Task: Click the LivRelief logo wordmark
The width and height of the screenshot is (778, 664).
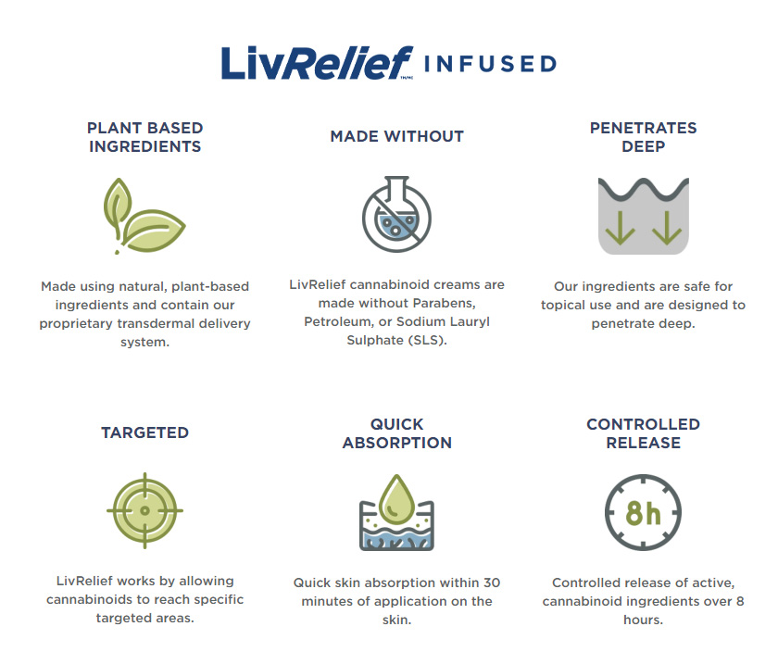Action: click(317, 63)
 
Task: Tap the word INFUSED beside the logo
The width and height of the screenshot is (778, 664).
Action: click(490, 64)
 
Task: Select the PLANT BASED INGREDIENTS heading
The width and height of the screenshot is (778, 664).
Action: click(144, 137)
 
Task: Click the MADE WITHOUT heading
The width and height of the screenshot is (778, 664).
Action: click(397, 136)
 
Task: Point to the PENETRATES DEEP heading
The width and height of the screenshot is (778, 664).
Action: click(643, 137)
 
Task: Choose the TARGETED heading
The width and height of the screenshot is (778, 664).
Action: click(144, 432)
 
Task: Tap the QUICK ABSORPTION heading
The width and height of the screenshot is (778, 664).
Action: click(397, 433)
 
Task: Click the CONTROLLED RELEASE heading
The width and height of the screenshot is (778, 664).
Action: click(643, 433)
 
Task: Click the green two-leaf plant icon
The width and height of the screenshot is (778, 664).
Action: click(144, 217)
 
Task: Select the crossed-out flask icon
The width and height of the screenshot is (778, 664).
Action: click(397, 214)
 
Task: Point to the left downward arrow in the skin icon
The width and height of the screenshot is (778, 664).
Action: click(620, 229)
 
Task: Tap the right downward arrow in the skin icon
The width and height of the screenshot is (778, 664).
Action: click(666, 229)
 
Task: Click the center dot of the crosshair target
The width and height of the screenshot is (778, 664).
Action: click(144, 510)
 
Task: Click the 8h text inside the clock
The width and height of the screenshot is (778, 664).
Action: click(643, 513)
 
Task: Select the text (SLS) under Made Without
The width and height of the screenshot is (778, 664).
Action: click(427, 341)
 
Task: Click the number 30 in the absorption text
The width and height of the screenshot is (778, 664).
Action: click(492, 583)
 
